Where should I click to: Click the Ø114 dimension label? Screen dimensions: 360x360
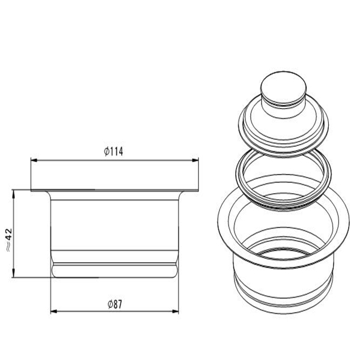pyautogui.click(x=113, y=152)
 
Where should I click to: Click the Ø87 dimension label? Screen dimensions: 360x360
pyautogui.click(x=115, y=304)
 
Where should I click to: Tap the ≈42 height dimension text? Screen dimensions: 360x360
pyautogui.click(x=9, y=240)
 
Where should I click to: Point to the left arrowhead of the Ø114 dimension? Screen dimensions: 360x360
pyautogui.click(x=34, y=160)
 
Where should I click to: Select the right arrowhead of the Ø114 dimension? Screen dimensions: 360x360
pyautogui.click(x=195, y=160)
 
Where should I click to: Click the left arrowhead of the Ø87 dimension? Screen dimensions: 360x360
pyautogui.click(x=54, y=311)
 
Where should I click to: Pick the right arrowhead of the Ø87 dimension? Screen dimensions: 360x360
pyautogui.click(x=175, y=311)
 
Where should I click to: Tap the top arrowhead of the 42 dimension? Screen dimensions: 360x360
pyautogui.click(x=14, y=193)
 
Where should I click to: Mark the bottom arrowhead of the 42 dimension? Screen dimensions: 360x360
pyautogui.click(x=14, y=274)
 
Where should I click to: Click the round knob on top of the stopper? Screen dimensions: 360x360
pyautogui.click(x=284, y=89)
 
